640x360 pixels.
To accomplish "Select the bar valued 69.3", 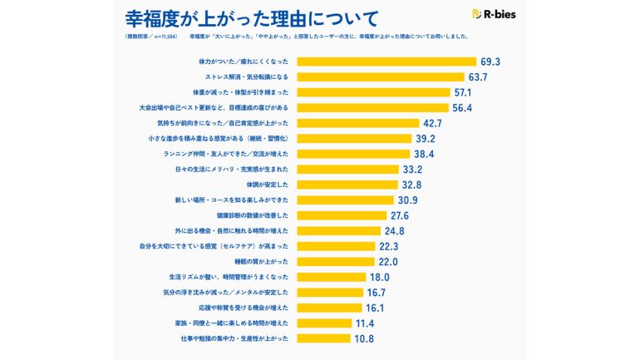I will [386, 62].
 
